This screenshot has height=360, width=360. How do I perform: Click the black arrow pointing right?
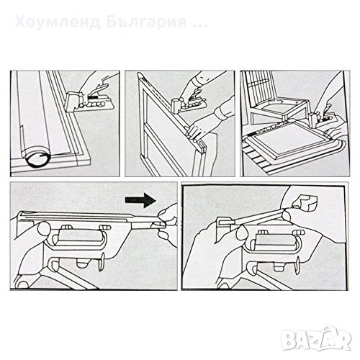[140, 199]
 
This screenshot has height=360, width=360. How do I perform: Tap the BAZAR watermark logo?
[316, 338]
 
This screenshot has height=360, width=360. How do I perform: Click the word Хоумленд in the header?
[58, 22]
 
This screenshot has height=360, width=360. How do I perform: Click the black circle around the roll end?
[37, 159]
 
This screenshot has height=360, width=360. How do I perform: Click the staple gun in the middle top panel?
[189, 104]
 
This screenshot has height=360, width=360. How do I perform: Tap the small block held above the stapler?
[305, 202]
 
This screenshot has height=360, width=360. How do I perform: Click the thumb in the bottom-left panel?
[43, 229]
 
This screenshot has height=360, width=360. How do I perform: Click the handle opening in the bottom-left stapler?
[77, 238]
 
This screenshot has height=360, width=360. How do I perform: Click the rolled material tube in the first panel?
[34, 115]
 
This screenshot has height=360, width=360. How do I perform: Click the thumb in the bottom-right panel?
[243, 233]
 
